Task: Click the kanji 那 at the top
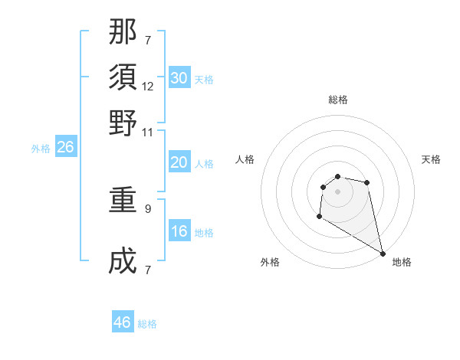123,31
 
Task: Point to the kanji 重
123,201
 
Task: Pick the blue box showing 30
179,78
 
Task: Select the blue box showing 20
179,162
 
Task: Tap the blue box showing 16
179,232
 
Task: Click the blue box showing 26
66,148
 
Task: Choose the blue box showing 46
123,322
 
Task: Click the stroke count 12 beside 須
148,87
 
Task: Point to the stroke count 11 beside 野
148,132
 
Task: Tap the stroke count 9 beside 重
148,208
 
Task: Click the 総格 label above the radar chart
338,100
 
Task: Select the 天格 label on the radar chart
431,159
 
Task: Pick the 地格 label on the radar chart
402,262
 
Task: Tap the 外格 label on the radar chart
270,262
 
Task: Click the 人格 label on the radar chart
245,159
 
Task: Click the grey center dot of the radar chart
337,191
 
